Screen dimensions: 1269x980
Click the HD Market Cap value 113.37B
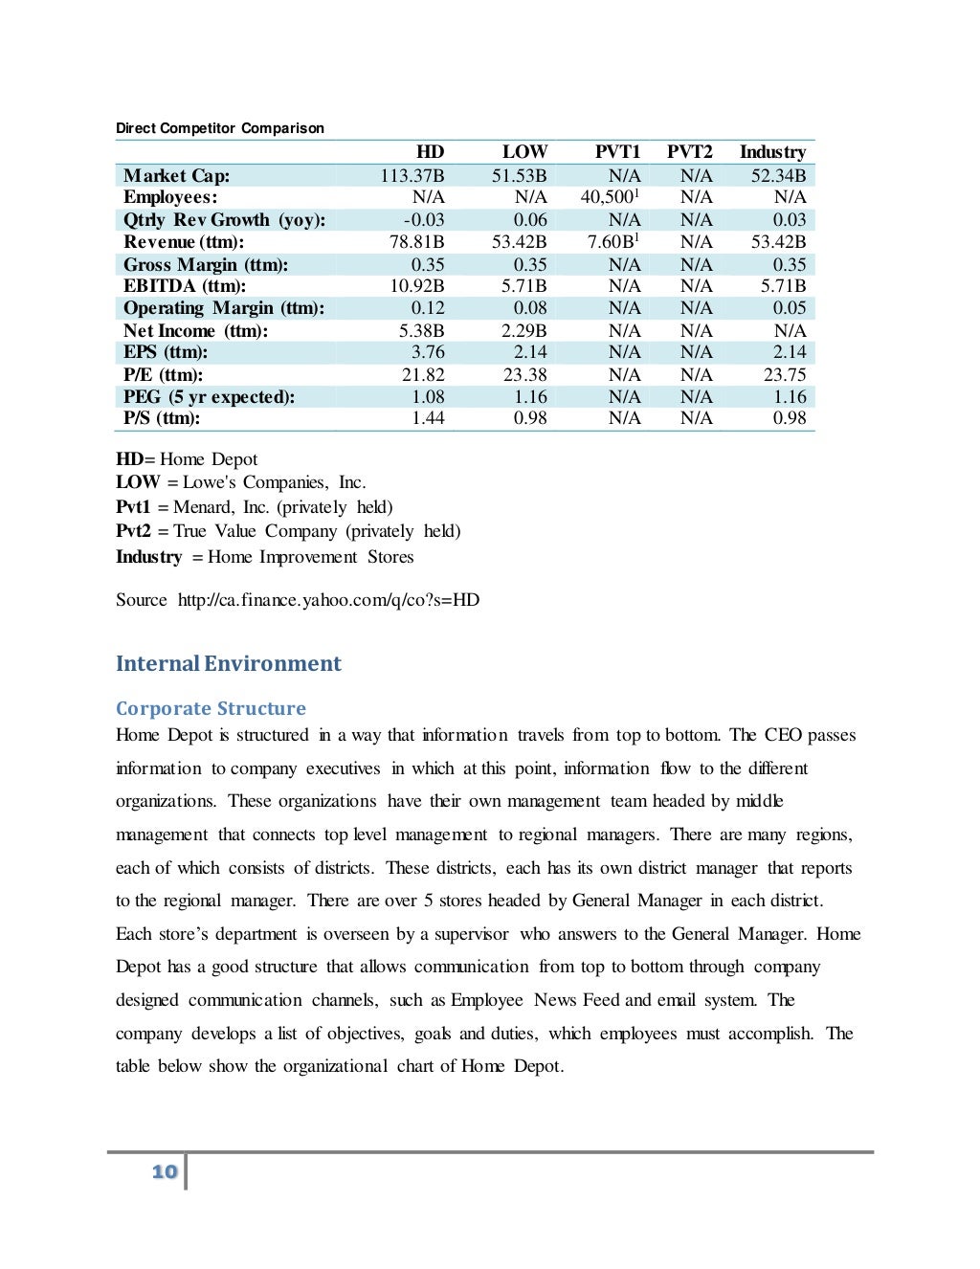412,176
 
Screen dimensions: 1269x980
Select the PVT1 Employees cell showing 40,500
608,197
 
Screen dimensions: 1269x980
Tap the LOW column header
524,152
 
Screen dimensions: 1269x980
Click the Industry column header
772,152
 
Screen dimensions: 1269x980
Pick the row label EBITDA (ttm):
185,286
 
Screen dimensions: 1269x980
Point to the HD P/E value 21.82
422,375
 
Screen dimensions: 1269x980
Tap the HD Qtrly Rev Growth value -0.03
423,220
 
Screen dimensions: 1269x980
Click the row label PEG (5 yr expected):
209,397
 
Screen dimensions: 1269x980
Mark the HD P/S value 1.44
428,418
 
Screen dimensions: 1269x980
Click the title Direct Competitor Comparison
220,128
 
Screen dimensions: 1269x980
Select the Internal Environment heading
228,664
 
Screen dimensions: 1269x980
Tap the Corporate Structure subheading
211,709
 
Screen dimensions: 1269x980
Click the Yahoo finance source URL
328,600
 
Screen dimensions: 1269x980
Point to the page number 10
165,1171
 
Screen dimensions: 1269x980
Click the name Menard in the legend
203,507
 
